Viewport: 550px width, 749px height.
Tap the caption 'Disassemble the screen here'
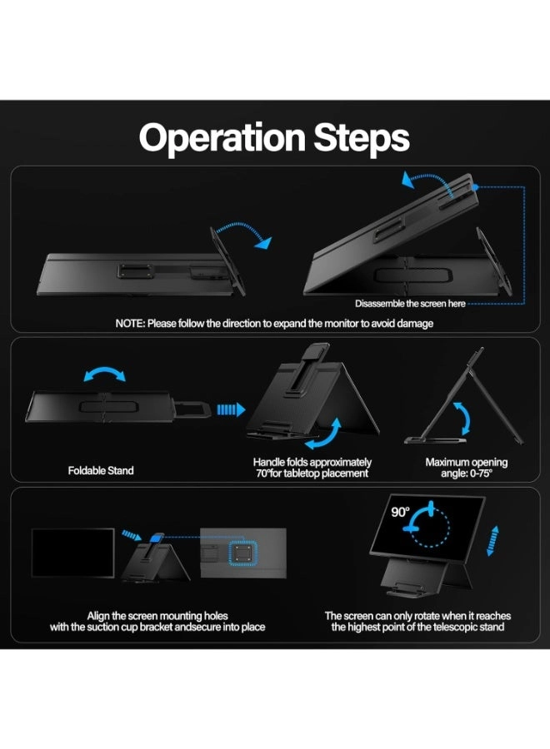click(410, 304)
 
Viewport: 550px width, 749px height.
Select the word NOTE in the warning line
click(131, 323)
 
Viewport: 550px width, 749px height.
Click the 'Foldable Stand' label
click(101, 470)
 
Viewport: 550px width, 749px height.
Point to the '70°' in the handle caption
click(263, 474)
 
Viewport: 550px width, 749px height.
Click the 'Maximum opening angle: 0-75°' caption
click(466, 468)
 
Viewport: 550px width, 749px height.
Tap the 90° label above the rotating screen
click(401, 512)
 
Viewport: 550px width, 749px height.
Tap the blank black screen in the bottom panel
click(72, 553)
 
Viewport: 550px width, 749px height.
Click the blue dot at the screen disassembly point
click(474, 188)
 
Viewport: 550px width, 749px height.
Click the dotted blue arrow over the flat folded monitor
click(241, 233)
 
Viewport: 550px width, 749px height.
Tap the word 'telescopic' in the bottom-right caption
click(433, 627)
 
